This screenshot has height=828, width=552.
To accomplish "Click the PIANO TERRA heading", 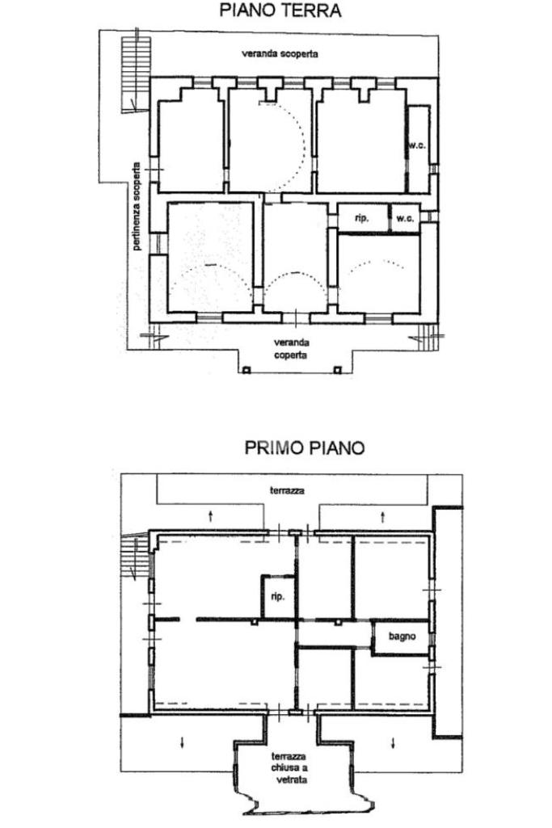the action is [280, 11].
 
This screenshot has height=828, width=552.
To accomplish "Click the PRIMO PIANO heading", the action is [304, 448].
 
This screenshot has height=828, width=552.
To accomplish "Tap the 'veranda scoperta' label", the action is [280, 54].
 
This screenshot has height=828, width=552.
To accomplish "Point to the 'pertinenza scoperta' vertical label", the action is [137, 206].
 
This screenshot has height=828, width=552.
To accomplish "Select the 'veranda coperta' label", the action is [290, 348].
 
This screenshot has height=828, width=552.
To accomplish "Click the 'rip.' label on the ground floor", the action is [361, 217].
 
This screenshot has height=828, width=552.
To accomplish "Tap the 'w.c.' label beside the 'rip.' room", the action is [405, 218].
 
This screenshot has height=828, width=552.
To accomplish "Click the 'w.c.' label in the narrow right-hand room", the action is [417, 145].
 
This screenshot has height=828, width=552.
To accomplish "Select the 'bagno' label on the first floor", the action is [402, 637].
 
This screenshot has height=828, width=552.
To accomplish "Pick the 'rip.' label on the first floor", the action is [277, 596].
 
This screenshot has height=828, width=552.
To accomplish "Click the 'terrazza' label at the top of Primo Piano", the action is [287, 490].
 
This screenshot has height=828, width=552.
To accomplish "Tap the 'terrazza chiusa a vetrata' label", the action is [289, 767].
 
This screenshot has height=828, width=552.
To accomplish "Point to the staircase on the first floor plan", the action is [135, 557].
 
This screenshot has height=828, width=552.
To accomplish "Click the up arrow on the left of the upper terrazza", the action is [210, 515].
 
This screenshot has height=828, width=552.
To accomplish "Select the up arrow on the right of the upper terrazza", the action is [382, 516].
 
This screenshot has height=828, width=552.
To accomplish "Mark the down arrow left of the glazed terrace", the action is [182, 742].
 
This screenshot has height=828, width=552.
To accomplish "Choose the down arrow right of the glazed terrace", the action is [393, 742].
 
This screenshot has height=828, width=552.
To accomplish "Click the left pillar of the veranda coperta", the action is [246, 370].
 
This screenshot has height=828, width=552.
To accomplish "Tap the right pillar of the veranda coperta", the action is [336, 370].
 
